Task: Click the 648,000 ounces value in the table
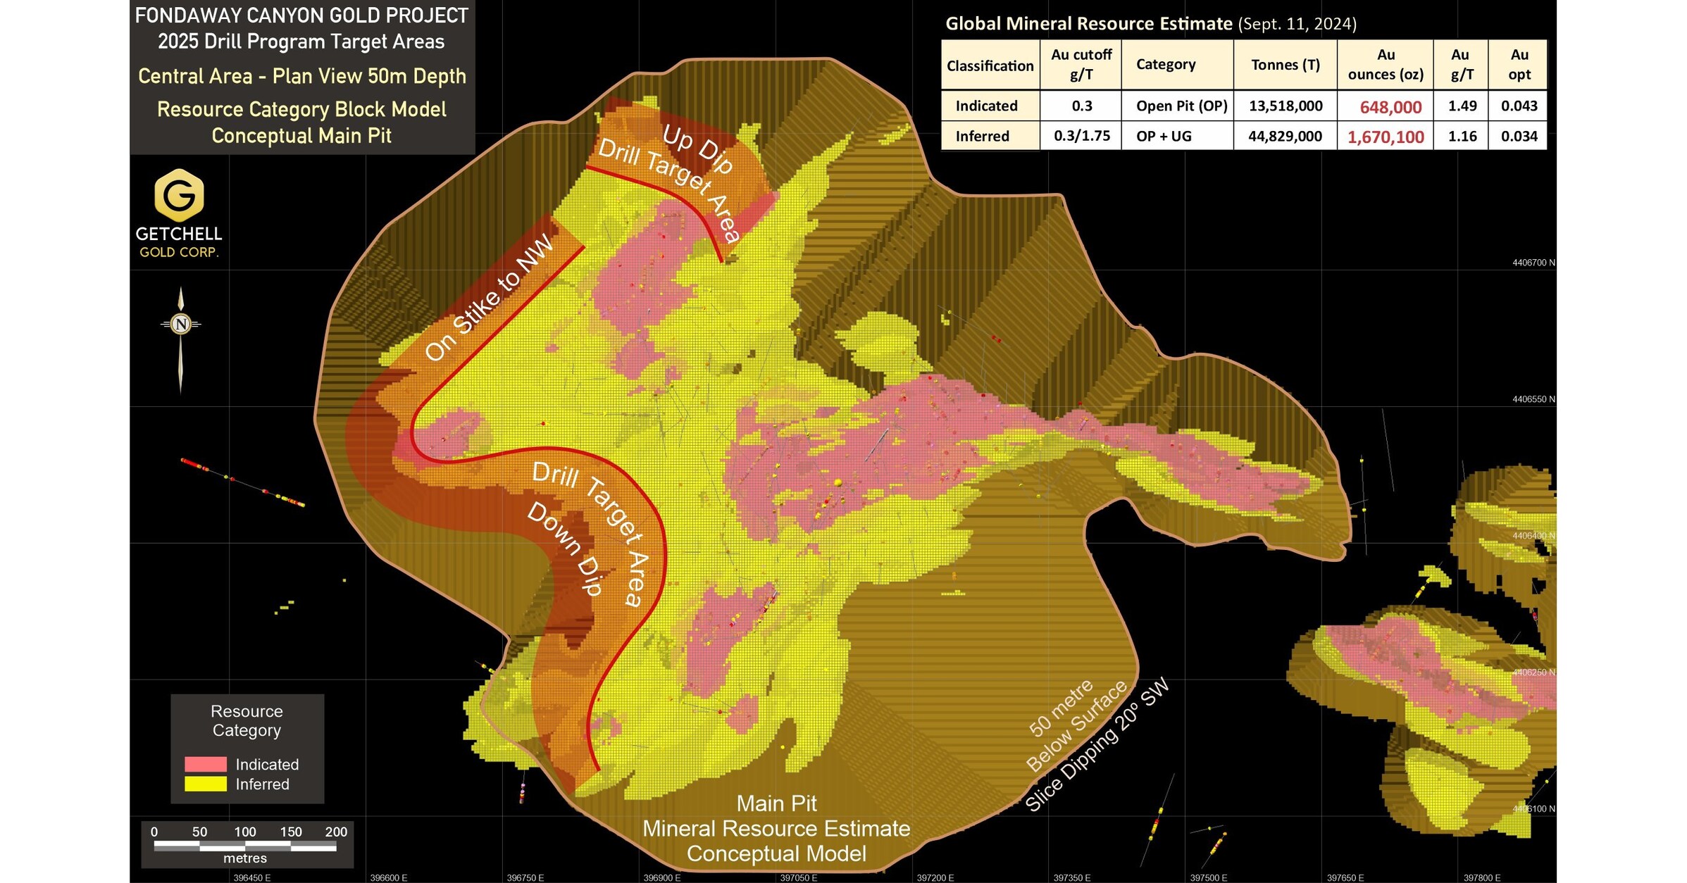pyautogui.click(x=1390, y=107)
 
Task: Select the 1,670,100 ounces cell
pyautogui.click(x=1386, y=137)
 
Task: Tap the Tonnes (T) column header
pyautogui.click(x=1286, y=65)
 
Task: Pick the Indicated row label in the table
pyautogui.click(x=986, y=106)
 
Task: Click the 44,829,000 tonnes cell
pyautogui.click(x=1285, y=136)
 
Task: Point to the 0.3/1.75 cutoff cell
pyautogui.click(x=1081, y=136)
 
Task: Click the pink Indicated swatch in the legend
pyautogui.click(x=205, y=764)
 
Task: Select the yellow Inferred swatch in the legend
pyautogui.click(x=205, y=784)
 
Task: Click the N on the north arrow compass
pyautogui.click(x=181, y=324)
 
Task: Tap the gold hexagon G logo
pyautogui.click(x=179, y=195)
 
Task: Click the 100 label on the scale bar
pyautogui.click(x=245, y=832)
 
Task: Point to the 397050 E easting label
pyautogui.click(x=798, y=877)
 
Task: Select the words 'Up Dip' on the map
pyautogui.click(x=698, y=149)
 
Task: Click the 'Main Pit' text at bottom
pyautogui.click(x=776, y=803)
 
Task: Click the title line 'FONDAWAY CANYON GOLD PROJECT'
pyautogui.click(x=301, y=15)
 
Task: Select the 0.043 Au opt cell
pyautogui.click(x=1519, y=106)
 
